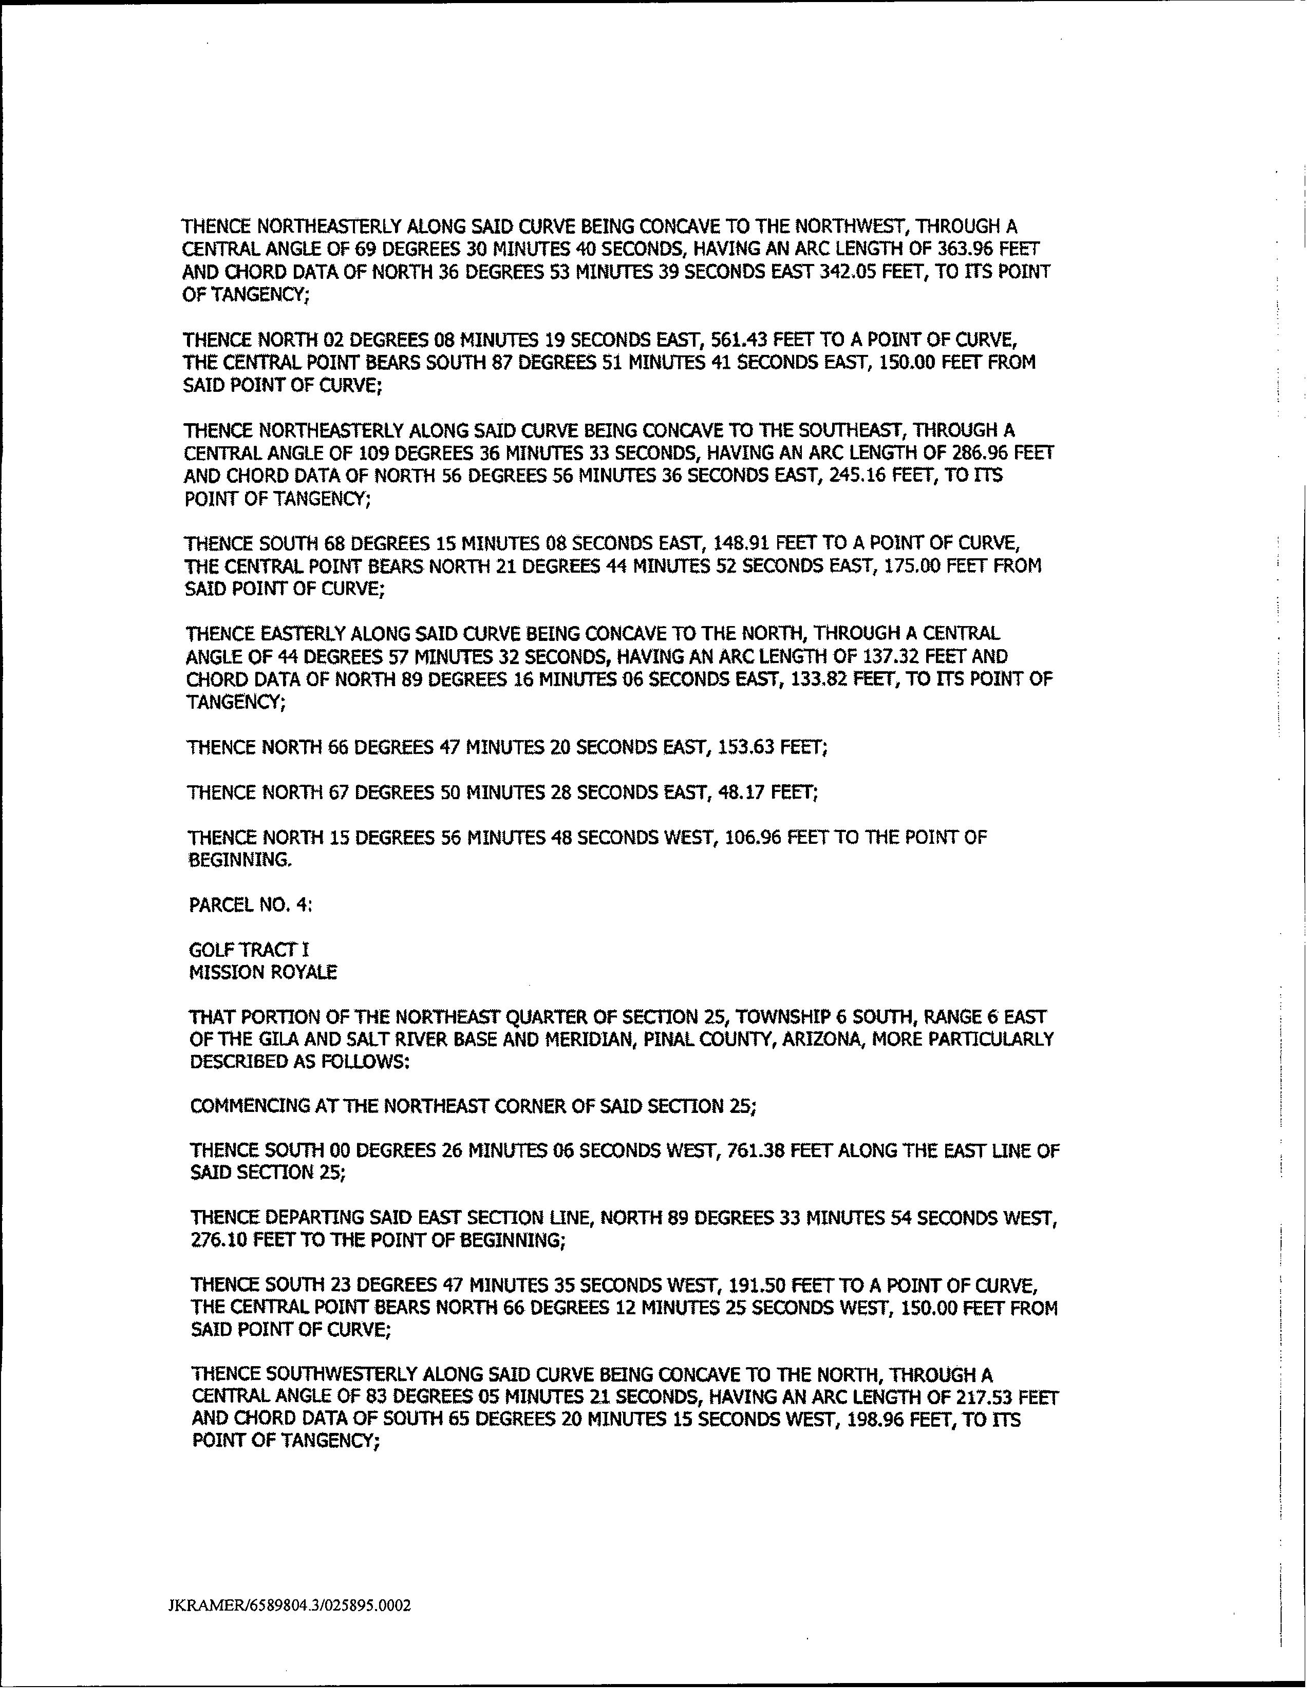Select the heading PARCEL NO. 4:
point(251,905)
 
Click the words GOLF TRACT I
point(249,950)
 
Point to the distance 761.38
point(756,1151)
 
